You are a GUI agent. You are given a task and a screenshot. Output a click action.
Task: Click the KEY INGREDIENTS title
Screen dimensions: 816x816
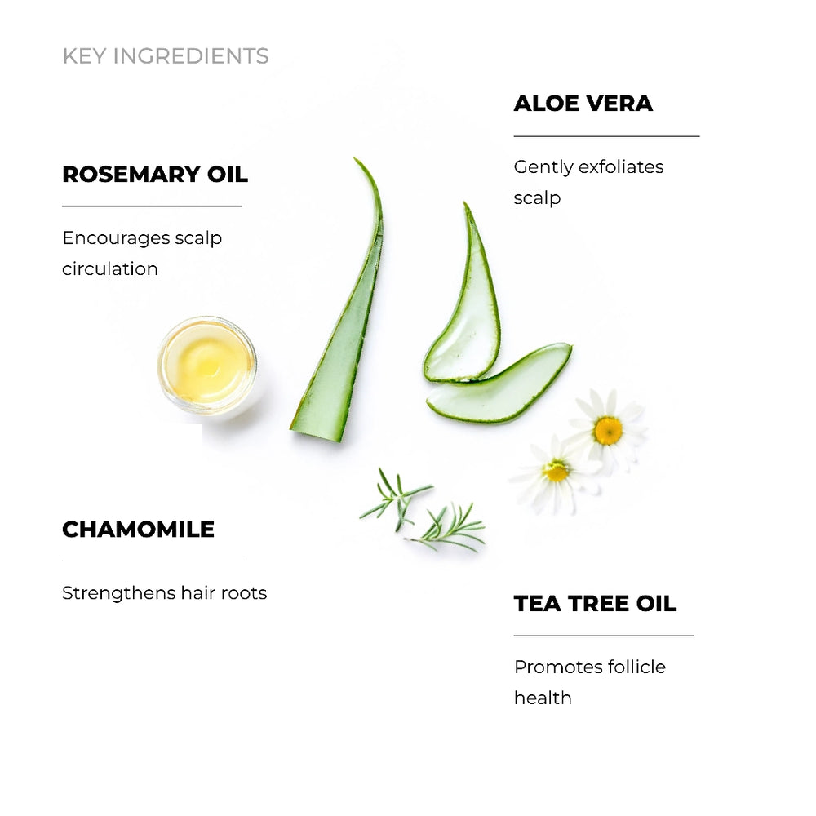pos(165,56)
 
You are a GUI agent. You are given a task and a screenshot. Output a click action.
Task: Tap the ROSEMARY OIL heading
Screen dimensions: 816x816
pos(155,175)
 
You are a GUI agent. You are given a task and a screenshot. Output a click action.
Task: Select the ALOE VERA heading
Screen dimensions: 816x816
pos(583,104)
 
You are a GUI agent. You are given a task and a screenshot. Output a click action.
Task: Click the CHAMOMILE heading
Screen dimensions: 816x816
pos(138,530)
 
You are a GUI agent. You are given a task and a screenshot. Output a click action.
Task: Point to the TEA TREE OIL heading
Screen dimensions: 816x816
pos(595,604)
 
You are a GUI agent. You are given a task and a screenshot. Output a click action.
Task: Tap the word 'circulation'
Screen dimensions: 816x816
pos(110,269)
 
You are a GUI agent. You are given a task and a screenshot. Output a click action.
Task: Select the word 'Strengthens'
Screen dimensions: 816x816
pos(112,593)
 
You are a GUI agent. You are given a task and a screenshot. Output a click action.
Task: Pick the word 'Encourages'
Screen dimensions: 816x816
pos(112,238)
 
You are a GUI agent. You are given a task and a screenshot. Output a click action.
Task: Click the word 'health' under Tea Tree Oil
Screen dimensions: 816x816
pos(543,698)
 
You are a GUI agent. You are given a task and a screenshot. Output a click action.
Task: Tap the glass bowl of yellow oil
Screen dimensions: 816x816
pos(206,365)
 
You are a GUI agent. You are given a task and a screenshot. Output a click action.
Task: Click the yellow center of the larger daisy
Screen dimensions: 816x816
pos(608,430)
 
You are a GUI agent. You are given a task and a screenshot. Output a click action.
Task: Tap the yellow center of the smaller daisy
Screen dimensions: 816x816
pos(557,471)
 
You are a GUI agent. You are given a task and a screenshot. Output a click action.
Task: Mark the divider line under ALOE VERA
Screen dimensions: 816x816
pos(606,136)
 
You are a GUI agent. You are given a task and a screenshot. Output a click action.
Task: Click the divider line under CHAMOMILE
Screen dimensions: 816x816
pos(152,561)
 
